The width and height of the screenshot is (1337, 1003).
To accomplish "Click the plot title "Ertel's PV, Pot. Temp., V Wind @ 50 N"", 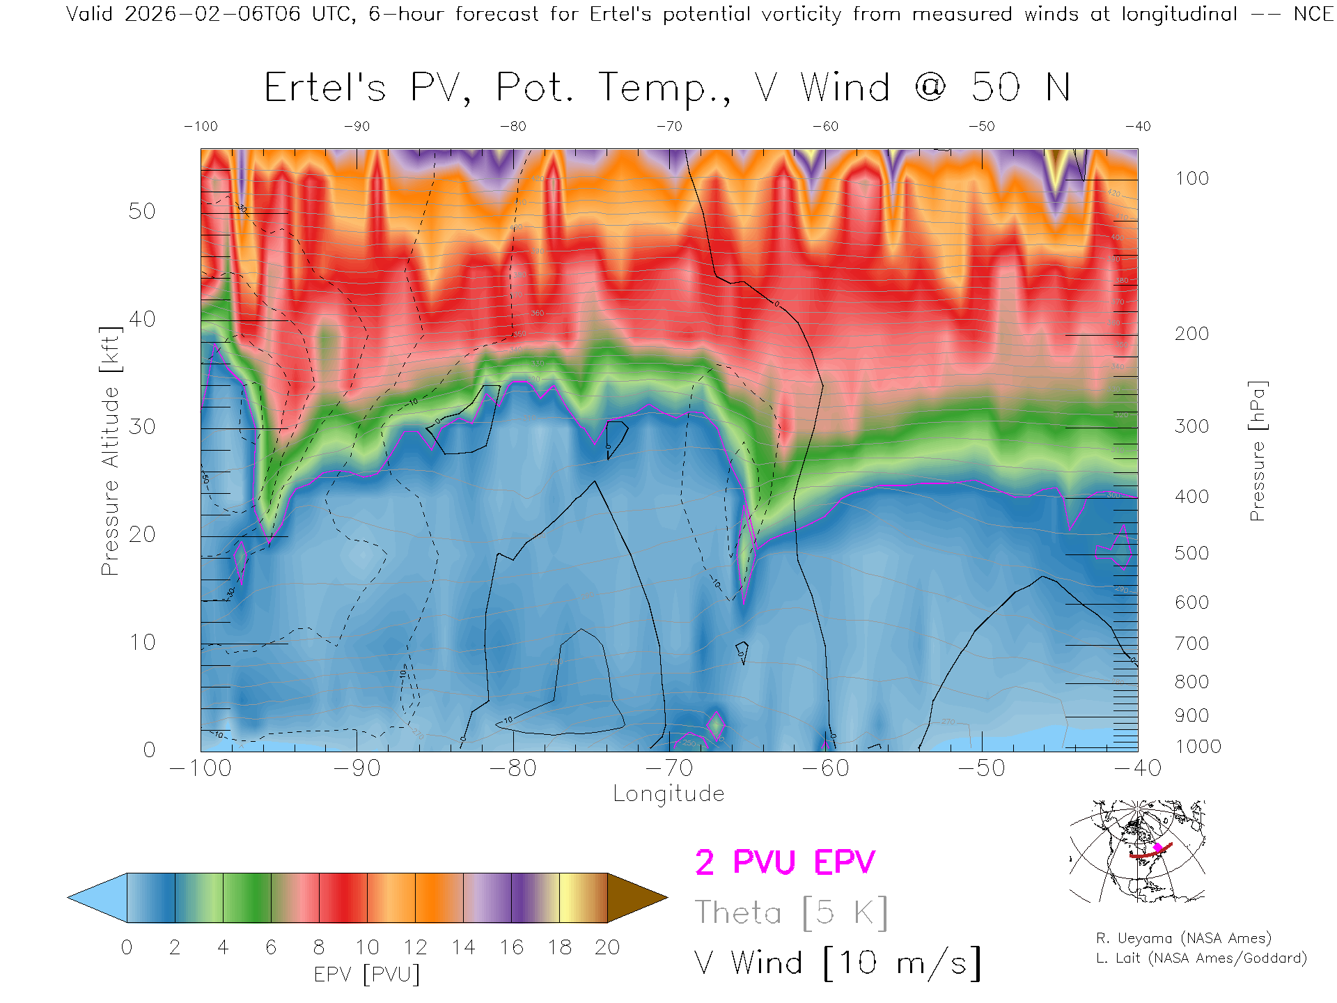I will pos(667,88).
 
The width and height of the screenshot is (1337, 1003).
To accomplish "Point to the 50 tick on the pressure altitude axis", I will pos(142,212).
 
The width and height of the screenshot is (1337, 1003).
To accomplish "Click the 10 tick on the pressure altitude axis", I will pos(142,642).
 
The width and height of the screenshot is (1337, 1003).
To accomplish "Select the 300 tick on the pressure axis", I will pos(1191,426).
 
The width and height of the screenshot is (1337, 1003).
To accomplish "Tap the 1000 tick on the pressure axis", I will pos(1198,747).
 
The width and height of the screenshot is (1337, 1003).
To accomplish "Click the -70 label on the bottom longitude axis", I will pos(669,768).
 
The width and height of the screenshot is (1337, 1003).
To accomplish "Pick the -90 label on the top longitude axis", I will pos(357,127).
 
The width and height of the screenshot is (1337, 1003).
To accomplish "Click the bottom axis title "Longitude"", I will pos(668,794).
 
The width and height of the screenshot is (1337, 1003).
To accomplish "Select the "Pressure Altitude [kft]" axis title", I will pos(110,451).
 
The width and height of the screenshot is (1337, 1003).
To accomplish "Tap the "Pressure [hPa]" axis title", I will pos(1257,451).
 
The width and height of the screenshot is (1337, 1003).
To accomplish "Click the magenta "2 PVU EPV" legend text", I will pos(785,862).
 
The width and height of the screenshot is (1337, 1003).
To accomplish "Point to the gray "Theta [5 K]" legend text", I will pos(791,912).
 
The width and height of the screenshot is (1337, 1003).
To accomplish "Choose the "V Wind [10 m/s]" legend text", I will pos(837,963).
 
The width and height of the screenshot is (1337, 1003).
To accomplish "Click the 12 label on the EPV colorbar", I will pos(415,947).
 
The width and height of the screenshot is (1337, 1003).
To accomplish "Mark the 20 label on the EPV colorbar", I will pos(607,947).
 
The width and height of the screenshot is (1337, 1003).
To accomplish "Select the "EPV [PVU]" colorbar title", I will pos(367,974).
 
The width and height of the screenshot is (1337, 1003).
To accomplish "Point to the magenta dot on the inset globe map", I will pos(1158,847).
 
